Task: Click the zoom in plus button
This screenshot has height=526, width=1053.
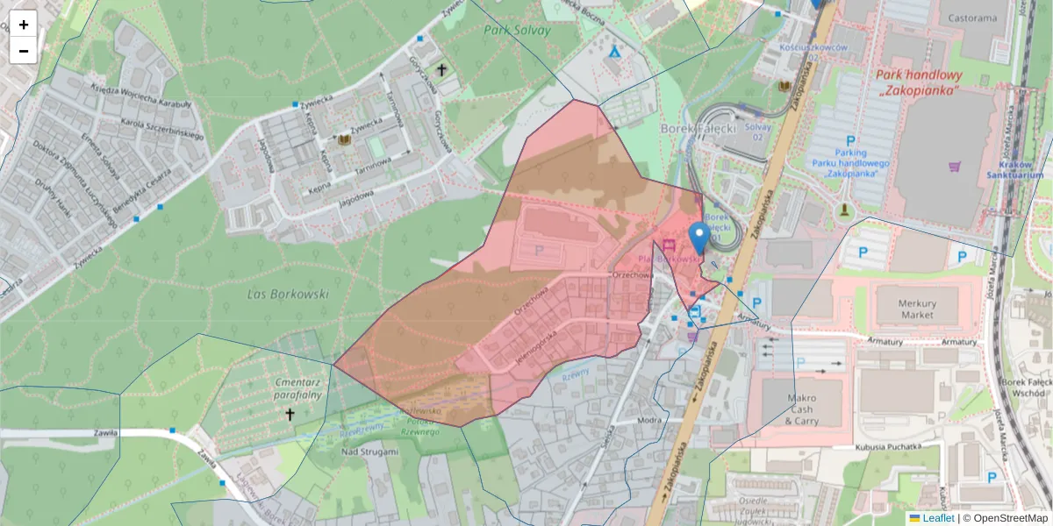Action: (x=24, y=25)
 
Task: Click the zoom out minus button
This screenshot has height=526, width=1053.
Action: (x=24, y=51)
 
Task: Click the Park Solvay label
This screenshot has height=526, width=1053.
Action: (x=517, y=31)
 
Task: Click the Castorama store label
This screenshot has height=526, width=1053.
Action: (x=971, y=18)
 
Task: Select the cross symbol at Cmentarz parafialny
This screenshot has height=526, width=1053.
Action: (x=290, y=414)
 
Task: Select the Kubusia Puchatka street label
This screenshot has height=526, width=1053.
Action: (x=887, y=448)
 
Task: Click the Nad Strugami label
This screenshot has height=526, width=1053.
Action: (x=369, y=451)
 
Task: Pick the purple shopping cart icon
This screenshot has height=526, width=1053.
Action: (x=955, y=166)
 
